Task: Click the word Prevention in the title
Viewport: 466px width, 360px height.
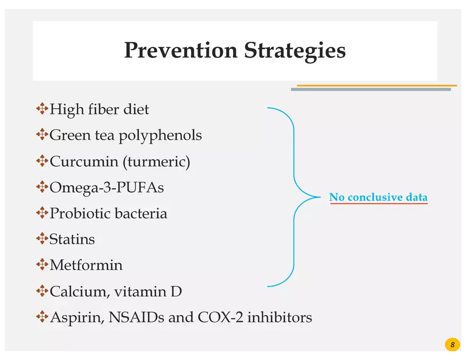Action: pyautogui.click(x=181, y=51)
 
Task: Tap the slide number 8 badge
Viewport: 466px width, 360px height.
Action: pyautogui.click(x=452, y=345)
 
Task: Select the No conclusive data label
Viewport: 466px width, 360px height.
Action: pyautogui.click(x=378, y=197)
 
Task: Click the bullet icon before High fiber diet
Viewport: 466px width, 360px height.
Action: pyautogui.click(x=42, y=109)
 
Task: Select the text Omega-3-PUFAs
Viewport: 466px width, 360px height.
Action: pyautogui.click(x=106, y=187)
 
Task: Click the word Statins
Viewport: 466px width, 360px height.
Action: pyautogui.click(x=72, y=239)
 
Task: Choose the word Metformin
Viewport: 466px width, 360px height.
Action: pyautogui.click(x=86, y=265)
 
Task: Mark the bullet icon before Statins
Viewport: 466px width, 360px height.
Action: pyautogui.click(x=42, y=239)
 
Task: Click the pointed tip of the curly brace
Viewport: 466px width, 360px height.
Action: pyautogui.click(x=319, y=197)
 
